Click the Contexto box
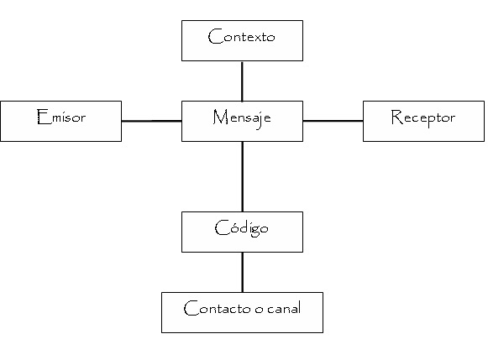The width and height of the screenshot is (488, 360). click(x=242, y=40)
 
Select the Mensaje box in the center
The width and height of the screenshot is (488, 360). click(x=242, y=121)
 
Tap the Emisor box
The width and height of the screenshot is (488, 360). click(x=60, y=121)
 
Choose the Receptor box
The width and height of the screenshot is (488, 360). click(x=423, y=121)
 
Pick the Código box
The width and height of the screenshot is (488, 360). click(x=242, y=232)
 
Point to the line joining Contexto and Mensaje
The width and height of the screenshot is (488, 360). click(x=242, y=81)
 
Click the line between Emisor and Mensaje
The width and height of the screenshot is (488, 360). click(x=151, y=121)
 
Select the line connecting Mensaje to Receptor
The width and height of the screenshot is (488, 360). click(x=333, y=121)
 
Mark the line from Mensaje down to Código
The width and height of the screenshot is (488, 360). click(x=242, y=176)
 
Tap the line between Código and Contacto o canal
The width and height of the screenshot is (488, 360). click(x=242, y=272)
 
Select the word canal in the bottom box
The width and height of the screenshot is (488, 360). click(x=283, y=309)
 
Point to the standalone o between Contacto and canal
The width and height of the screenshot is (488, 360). click(x=257, y=310)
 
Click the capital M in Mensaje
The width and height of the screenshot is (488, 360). click(x=218, y=117)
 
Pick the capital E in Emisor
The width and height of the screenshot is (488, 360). click(x=42, y=117)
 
